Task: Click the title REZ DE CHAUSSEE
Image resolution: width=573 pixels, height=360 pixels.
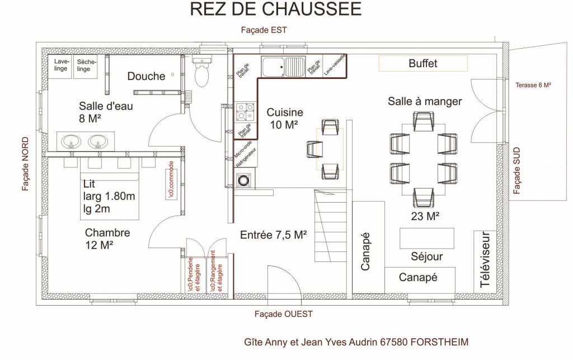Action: click(276, 9)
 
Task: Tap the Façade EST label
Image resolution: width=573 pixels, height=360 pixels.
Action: click(264, 30)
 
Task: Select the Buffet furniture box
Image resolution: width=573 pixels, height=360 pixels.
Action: click(423, 63)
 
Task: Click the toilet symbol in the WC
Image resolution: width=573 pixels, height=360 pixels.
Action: click(201, 72)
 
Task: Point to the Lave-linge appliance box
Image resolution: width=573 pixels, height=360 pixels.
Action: click(60, 66)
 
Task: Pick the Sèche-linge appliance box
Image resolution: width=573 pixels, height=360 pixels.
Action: click(86, 66)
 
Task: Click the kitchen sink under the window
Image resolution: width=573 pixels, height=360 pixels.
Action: click(283, 67)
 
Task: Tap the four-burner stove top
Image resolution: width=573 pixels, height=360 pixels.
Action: click(245, 112)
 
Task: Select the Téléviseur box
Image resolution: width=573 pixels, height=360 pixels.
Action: click(485, 261)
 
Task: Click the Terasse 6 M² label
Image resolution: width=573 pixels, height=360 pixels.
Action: click(533, 85)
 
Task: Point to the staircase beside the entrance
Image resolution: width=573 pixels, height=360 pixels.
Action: click(330, 225)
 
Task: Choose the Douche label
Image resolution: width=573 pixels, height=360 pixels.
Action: click(146, 76)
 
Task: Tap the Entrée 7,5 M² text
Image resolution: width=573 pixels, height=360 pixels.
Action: click(273, 235)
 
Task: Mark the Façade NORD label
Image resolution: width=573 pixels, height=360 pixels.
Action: click(25, 163)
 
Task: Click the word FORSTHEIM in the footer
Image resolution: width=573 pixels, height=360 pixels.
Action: click(439, 342)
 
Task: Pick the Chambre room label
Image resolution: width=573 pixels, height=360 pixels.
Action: click(107, 239)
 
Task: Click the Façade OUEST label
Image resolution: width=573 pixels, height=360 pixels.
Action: click(284, 314)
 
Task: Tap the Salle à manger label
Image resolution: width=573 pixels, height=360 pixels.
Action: click(425, 101)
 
